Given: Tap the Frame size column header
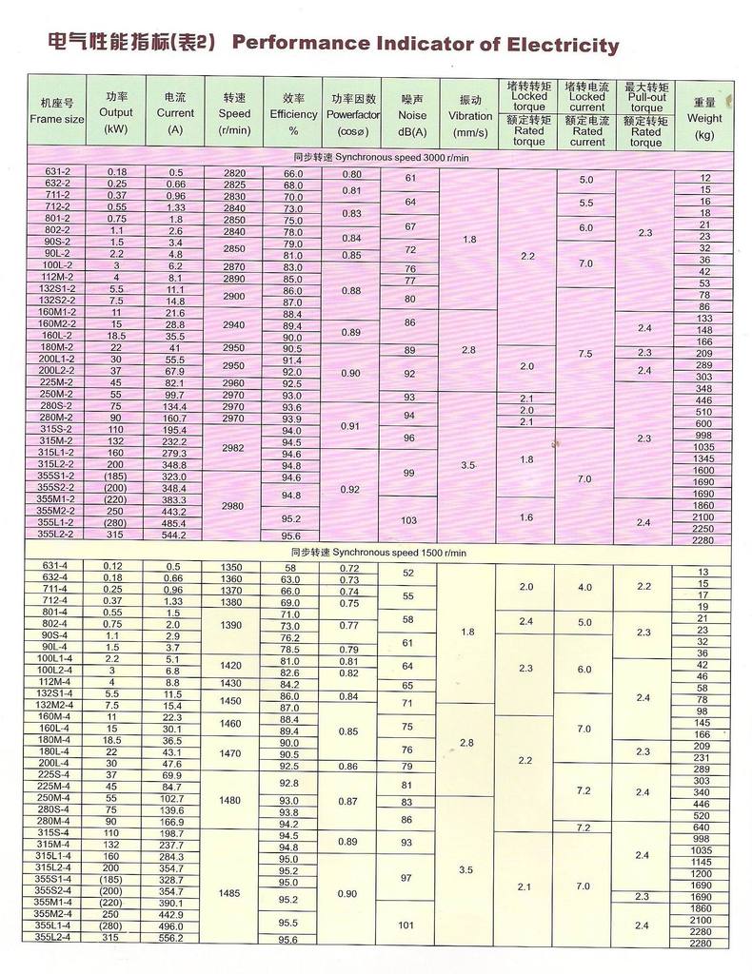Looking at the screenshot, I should click(56, 110).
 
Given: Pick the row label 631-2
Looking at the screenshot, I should click(57, 172).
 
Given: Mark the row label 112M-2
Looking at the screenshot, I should click(57, 278).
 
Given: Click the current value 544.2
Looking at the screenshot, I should click(175, 535).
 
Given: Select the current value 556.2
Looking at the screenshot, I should click(175, 937).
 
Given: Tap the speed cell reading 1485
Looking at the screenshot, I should click(231, 893).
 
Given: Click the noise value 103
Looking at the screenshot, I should click(409, 520).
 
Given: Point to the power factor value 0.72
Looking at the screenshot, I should click(350, 568).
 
